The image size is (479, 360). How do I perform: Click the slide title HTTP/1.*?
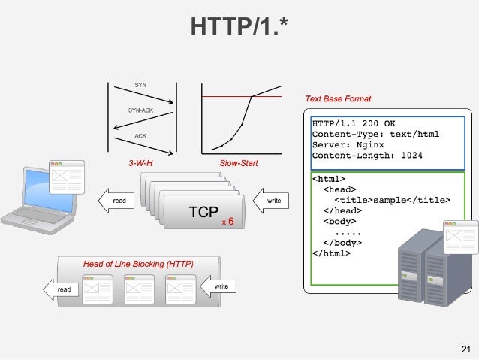click(x=239, y=28)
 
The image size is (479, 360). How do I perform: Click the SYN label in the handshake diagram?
click(x=140, y=85)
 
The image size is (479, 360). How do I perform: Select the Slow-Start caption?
click(x=235, y=162)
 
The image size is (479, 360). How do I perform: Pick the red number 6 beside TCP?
click(x=230, y=222)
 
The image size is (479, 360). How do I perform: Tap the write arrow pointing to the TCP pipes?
click(x=271, y=201)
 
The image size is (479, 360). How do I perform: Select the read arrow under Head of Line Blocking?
click(x=62, y=289)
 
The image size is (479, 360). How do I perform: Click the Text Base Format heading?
click(x=337, y=98)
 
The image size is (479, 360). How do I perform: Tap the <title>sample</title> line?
click(x=393, y=201)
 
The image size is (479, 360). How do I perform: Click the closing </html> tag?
click(x=331, y=253)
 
